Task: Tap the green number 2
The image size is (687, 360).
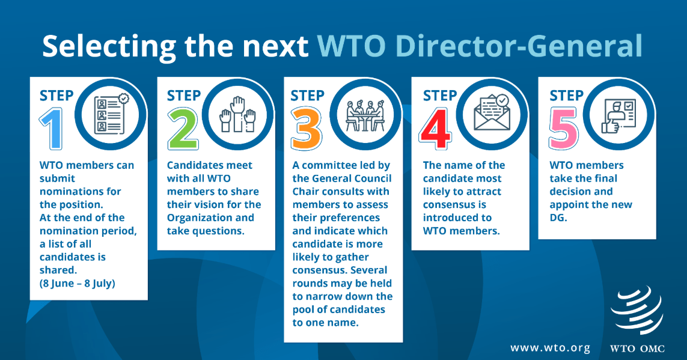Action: [183, 129]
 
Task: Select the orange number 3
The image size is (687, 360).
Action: [307, 129]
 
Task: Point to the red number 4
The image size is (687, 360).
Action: [436, 129]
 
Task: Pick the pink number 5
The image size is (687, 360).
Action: [564, 129]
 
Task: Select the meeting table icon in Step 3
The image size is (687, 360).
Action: [365, 115]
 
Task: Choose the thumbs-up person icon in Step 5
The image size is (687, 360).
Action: [618, 115]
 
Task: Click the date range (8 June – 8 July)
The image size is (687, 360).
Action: [78, 283]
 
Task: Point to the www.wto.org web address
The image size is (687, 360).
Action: [551, 348]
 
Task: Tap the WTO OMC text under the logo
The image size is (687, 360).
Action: [637, 349]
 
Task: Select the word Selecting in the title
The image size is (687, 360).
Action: [109, 46]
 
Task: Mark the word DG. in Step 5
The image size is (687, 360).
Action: [558, 218]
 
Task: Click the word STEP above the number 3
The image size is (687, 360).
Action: [308, 96]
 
